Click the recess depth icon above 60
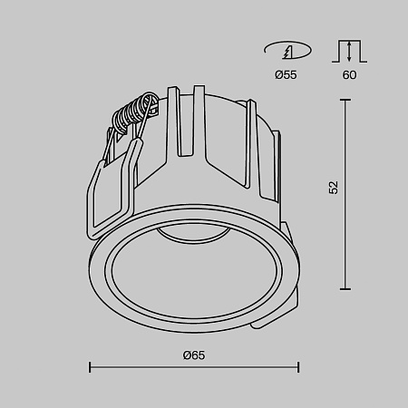click(x=349, y=50)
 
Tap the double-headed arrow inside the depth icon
click(x=349, y=52)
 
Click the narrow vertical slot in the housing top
click(x=193, y=118)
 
